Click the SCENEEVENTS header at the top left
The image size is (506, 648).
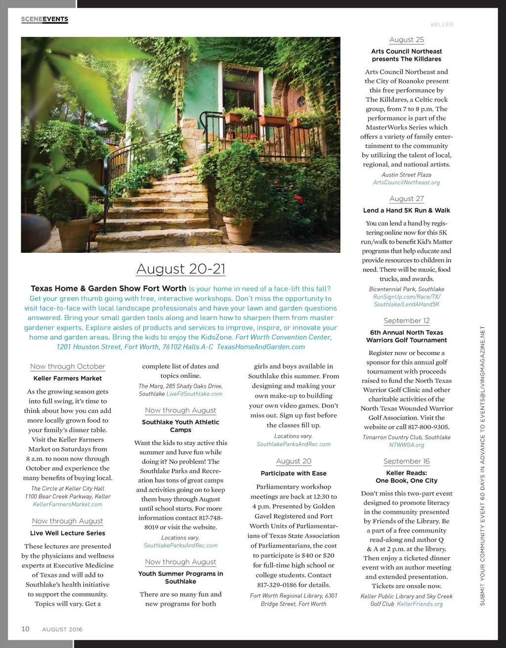[44, 19]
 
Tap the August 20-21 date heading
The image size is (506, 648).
[181, 269]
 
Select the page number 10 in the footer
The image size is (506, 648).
[25, 629]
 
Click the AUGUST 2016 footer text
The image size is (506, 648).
[62, 629]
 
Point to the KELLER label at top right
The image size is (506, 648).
[442, 24]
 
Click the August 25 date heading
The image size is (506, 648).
[406, 40]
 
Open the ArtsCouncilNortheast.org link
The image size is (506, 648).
[406, 182]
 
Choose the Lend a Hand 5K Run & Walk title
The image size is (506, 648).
[406, 210]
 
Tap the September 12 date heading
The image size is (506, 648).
[406, 321]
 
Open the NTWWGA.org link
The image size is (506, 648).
[406, 445]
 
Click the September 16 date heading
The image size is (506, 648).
[406, 461]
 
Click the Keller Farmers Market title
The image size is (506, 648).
[68, 378]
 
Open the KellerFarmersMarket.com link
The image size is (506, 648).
[68, 504]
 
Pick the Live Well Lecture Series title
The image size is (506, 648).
[68, 533]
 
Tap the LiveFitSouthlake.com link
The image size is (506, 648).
[194, 394]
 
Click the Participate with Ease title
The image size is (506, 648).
[294, 473]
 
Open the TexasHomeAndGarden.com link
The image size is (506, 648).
[260, 347]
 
